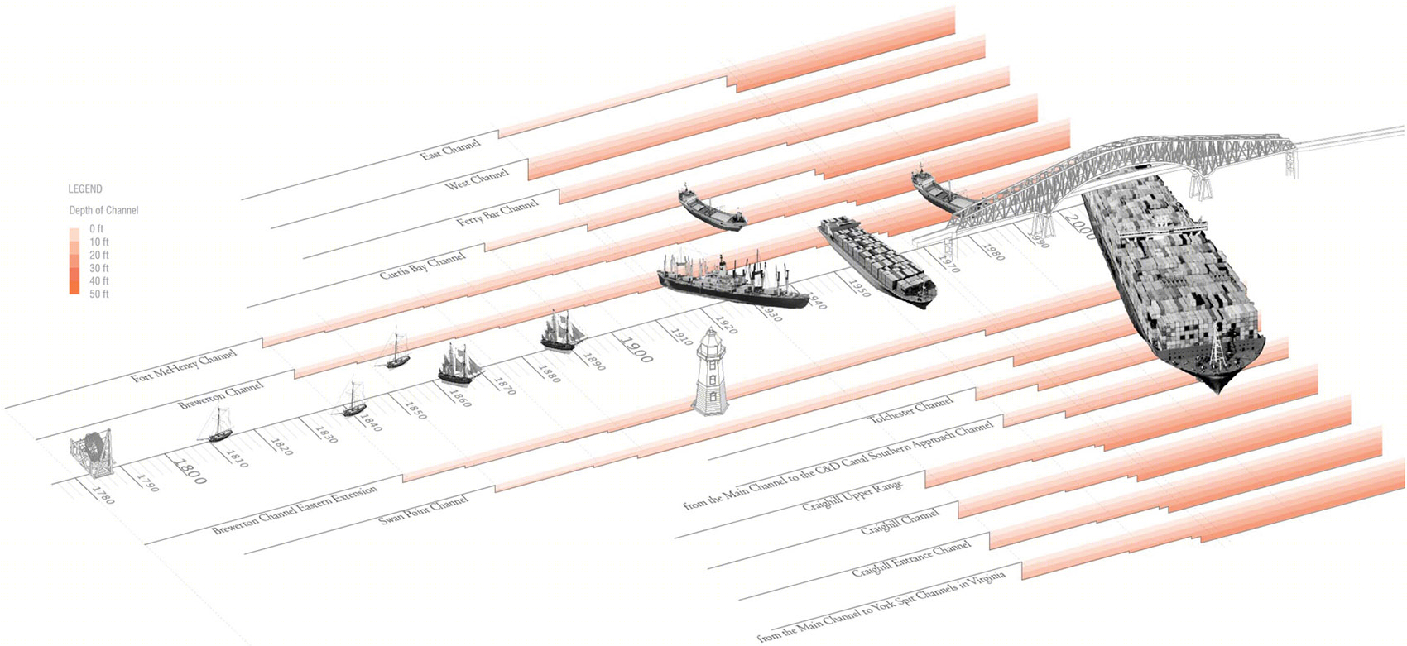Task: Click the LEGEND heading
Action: click(x=85, y=189)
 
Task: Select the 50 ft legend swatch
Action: click(x=75, y=290)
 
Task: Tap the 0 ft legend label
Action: click(x=96, y=229)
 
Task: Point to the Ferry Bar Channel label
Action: click(x=497, y=212)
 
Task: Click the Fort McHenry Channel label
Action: click(x=184, y=367)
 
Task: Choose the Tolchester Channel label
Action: click(x=910, y=409)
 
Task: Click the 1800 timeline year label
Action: click(x=188, y=471)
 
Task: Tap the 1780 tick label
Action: click(x=103, y=495)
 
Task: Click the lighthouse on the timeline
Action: click(x=710, y=371)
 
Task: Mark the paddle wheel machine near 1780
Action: click(x=93, y=454)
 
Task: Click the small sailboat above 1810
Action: click(x=218, y=424)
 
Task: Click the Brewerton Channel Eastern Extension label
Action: click(x=295, y=510)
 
